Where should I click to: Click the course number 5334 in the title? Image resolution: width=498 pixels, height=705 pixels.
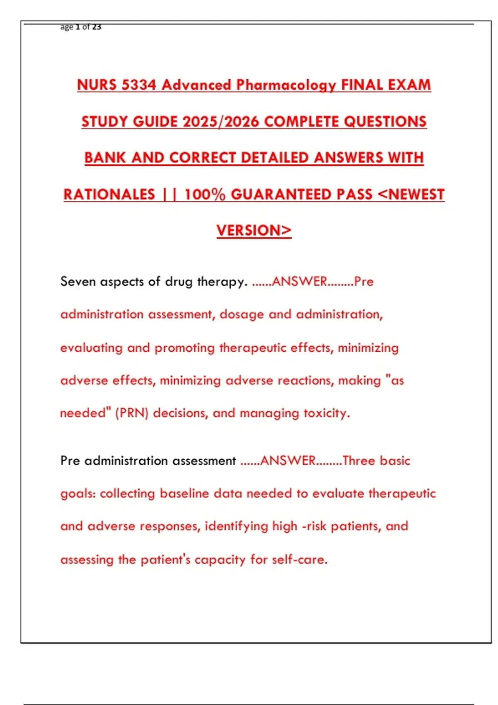pos(139,85)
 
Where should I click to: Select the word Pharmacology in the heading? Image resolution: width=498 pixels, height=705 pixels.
pos(286,85)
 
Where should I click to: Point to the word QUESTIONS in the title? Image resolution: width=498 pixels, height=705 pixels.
pos(385,122)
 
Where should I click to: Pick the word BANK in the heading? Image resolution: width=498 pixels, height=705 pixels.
pos(105,158)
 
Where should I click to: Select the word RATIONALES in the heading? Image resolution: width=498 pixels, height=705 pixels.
pos(109,194)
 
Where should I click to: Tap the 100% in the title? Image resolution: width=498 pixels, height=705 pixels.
pos(205,194)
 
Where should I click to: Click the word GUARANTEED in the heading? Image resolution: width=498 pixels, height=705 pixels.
pos(301,194)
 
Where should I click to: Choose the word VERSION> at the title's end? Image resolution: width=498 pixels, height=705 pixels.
pos(254,231)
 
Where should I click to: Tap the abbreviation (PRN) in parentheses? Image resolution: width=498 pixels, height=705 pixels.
pos(132,413)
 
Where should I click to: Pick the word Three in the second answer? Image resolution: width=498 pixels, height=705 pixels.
pos(359,461)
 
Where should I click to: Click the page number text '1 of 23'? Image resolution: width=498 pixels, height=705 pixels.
pos(88,27)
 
